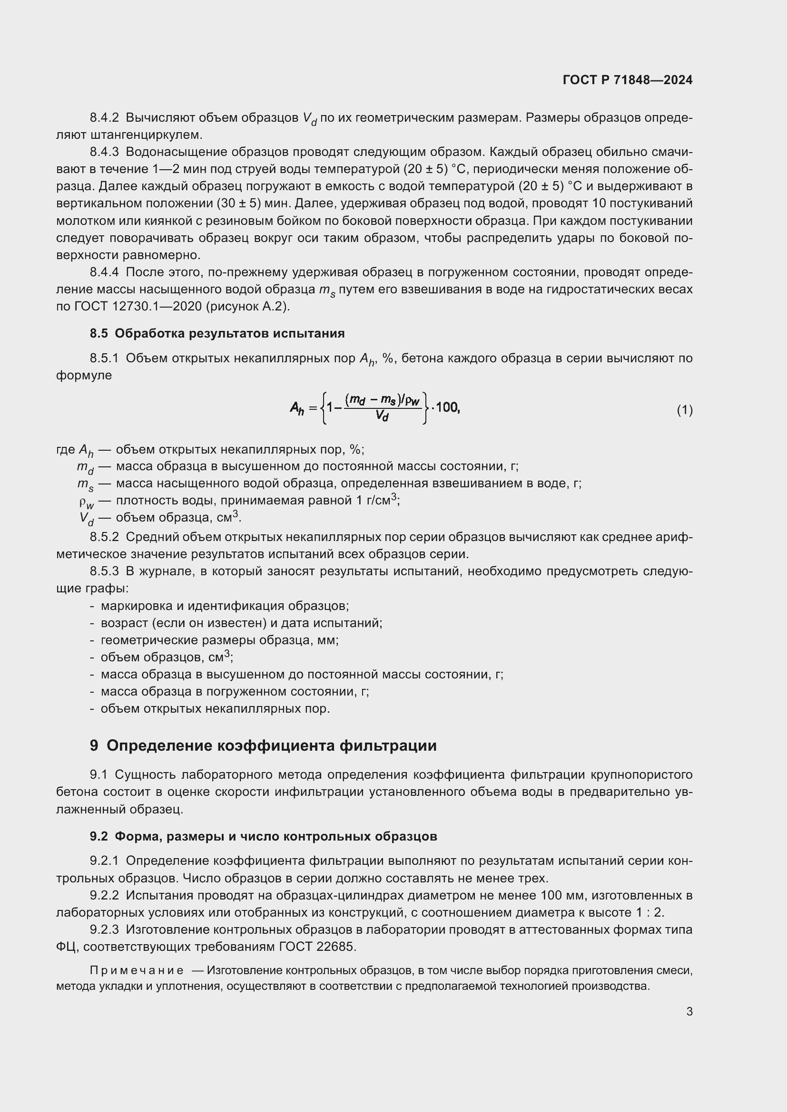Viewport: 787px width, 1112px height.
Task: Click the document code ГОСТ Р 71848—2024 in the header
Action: tap(628, 80)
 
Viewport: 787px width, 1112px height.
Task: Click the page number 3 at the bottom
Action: tap(689, 1011)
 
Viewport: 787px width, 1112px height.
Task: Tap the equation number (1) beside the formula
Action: tap(684, 410)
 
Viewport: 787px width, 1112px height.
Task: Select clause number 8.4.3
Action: tap(104, 152)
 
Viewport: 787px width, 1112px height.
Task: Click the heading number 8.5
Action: tap(98, 333)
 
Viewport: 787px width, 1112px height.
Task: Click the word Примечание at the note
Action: tap(137, 970)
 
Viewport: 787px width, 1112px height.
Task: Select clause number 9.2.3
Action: tap(104, 929)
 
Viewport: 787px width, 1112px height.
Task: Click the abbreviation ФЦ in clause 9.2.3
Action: tap(65, 947)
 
